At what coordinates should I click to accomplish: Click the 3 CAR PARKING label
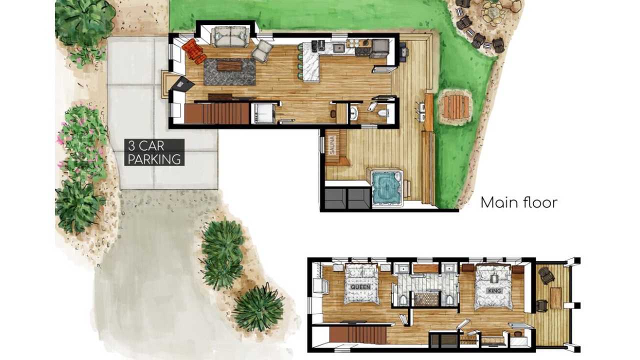154,152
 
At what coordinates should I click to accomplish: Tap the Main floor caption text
519,202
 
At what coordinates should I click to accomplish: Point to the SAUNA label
332,145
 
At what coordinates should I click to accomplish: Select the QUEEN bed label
360,287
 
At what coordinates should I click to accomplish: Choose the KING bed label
494,290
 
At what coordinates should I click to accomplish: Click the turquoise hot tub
387,187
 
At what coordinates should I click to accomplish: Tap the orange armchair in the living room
193,51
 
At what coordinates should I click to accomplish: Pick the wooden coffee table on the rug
229,66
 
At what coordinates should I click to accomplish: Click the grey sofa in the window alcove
230,37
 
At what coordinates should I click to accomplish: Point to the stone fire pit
492,12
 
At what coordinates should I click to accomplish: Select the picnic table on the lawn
455,106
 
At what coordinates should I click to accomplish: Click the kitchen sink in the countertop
338,47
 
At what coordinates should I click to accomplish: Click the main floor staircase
217,113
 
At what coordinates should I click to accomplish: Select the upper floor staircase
358,335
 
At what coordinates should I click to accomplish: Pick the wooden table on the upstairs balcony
556,297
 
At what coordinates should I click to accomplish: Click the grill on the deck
404,52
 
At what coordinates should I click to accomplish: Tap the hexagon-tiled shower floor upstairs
426,299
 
